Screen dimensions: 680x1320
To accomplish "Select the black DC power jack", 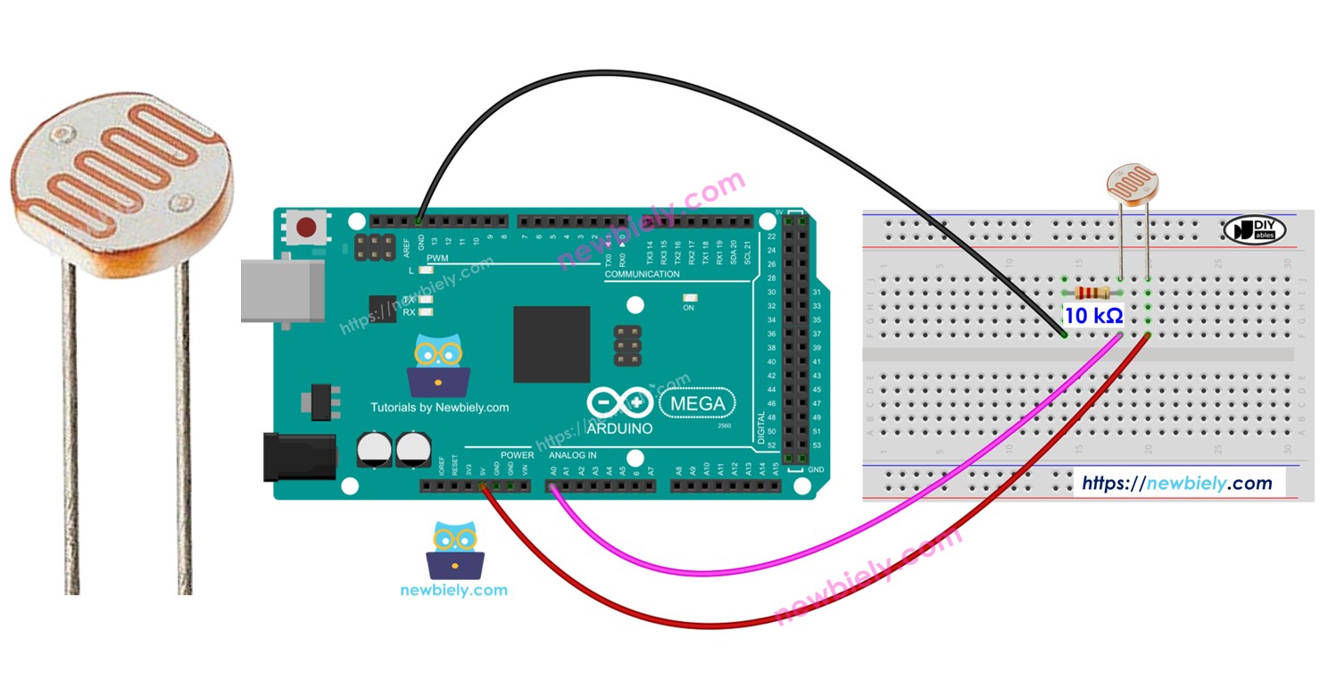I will pos(299,457).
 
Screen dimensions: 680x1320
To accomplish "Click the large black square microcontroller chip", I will pos(551,344).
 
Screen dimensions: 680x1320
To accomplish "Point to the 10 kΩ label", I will pos(1092,315).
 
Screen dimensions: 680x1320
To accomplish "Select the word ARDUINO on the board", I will pos(619,428).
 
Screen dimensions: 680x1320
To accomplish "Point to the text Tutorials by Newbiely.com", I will pos(439,408).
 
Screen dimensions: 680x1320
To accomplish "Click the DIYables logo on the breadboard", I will pos(1253,229).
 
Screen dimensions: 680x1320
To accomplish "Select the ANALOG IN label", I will pos(572,455).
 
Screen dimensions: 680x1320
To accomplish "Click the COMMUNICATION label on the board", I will pos(642,274).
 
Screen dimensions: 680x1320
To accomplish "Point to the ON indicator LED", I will pos(688,298).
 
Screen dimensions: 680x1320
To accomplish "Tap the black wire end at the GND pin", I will pos(419,219).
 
